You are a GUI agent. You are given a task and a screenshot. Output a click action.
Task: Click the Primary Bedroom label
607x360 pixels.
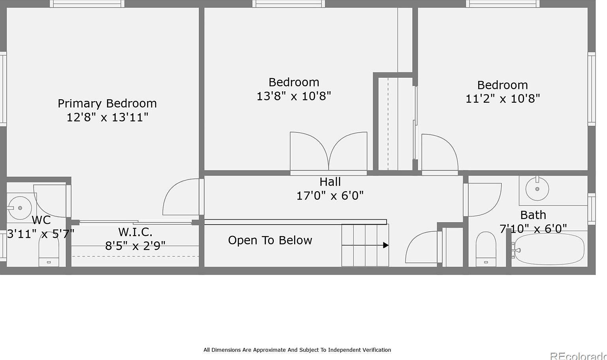[x=107, y=104]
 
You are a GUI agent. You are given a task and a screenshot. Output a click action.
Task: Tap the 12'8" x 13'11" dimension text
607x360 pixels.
[x=107, y=117]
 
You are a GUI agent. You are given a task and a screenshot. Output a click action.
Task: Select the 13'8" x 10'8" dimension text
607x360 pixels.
[x=294, y=96]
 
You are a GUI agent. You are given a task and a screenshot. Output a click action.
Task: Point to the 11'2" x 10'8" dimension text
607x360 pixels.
[x=503, y=99]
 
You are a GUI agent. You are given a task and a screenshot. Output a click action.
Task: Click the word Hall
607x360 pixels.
[x=330, y=182]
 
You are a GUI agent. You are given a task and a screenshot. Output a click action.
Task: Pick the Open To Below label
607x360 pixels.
[x=270, y=240]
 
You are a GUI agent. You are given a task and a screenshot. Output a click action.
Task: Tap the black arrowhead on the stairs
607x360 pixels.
[x=386, y=245]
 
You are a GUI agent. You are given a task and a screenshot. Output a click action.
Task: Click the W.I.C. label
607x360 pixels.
[x=135, y=232]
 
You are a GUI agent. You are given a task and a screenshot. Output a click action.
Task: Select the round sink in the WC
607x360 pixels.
[x=19, y=208]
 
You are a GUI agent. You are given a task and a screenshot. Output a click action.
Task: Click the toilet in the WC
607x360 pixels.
[x=49, y=249]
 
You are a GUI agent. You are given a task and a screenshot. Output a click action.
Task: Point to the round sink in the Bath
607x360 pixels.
[x=537, y=189]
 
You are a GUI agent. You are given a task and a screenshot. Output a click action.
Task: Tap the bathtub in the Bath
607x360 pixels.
[x=549, y=249]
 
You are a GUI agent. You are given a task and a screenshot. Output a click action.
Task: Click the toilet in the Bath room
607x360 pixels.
[x=486, y=249]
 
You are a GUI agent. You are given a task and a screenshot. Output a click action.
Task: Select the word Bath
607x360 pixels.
[x=533, y=215]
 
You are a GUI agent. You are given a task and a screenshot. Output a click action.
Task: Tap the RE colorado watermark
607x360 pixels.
[x=578, y=356]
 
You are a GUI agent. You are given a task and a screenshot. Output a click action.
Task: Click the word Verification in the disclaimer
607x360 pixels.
[x=375, y=350]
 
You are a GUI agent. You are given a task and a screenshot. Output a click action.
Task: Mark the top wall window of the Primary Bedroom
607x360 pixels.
[x=87, y=4]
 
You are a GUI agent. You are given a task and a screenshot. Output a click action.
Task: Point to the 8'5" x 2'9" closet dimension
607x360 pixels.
[x=135, y=246]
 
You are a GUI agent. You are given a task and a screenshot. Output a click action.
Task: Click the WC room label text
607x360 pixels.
[x=41, y=220]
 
